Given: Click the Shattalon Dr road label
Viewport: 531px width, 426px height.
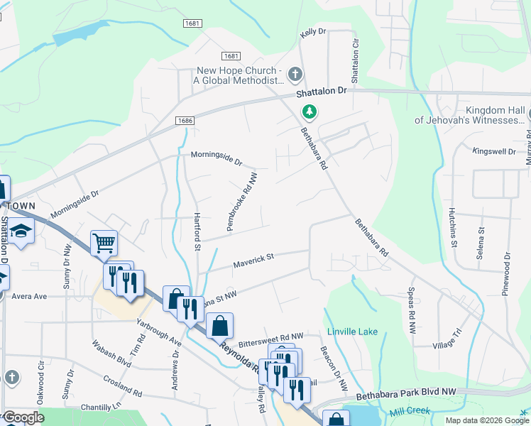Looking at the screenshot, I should tap(330, 91).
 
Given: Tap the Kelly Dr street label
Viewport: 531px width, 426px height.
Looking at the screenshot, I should tap(312, 32).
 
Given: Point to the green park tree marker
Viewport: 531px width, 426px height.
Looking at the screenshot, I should tap(309, 111).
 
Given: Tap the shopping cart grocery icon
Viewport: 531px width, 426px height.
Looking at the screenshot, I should tap(104, 244).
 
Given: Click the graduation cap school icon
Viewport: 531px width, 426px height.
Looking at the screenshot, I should tap(21, 231).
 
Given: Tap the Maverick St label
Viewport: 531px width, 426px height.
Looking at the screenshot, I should tap(253, 261).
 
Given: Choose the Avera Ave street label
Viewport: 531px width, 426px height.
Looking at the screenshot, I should tap(28, 296).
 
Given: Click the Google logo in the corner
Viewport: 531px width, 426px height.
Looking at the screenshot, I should tap(23, 417).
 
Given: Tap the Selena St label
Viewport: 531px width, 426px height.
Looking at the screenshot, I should tap(481, 241).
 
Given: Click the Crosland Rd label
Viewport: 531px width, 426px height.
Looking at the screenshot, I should tap(122, 385).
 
